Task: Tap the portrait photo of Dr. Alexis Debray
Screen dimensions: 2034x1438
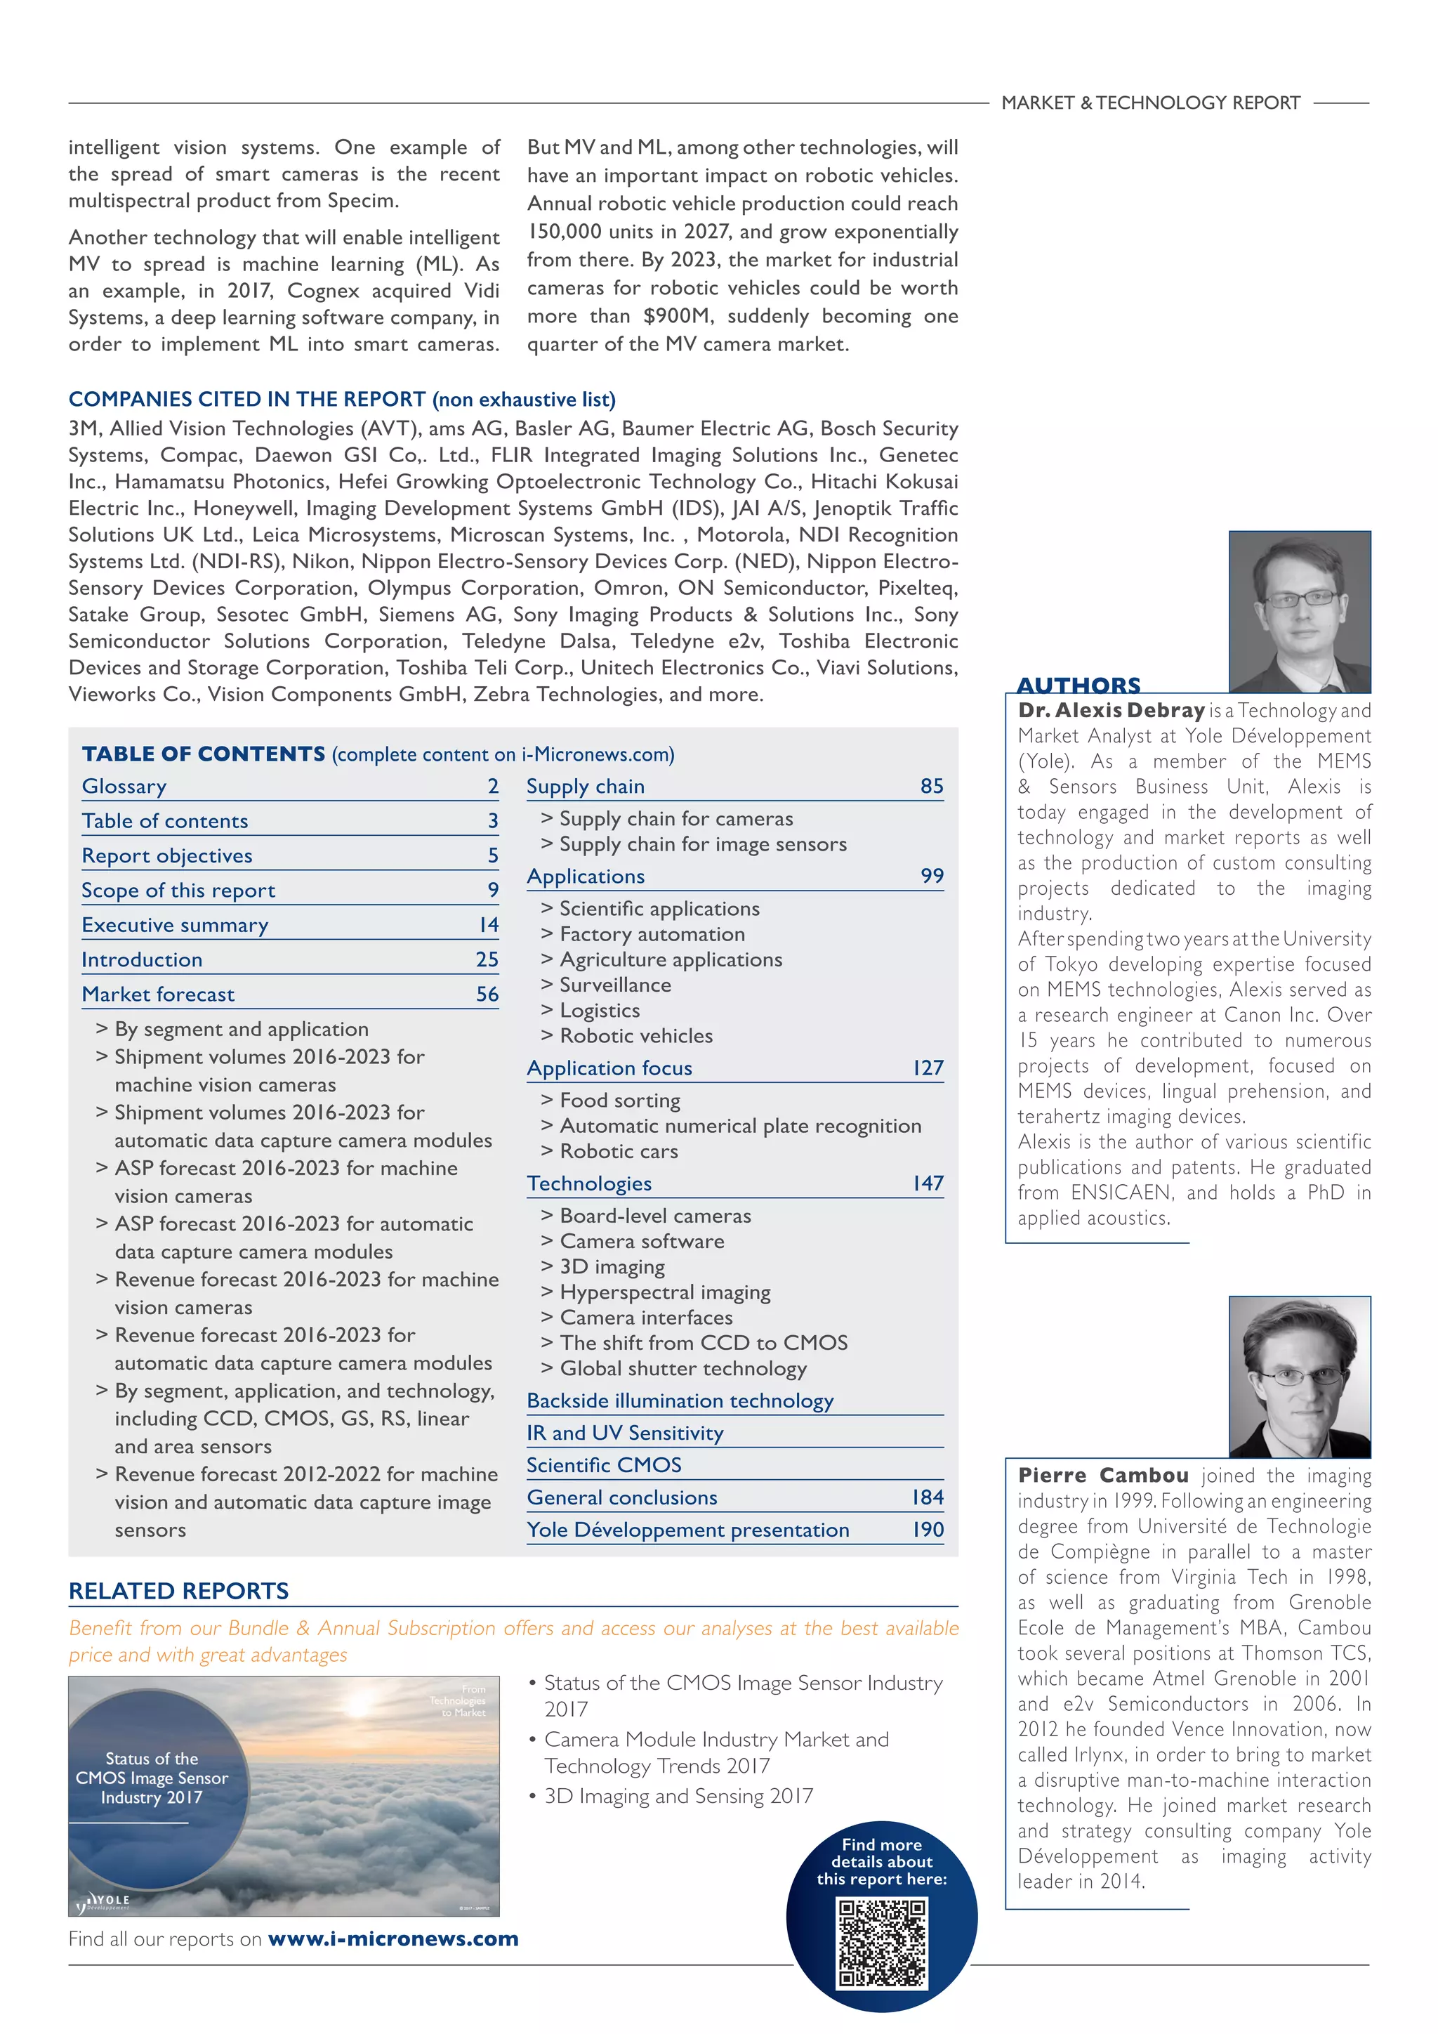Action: pos(1299,611)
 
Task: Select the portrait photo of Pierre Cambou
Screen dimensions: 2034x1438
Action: pos(1299,1377)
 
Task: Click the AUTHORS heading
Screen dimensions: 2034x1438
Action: pos(1078,685)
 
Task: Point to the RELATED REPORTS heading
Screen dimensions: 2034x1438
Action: pos(179,1591)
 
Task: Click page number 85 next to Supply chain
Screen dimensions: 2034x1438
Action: pos(932,786)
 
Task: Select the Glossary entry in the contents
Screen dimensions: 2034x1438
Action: pos(124,787)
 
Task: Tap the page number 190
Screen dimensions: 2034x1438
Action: pos(927,1529)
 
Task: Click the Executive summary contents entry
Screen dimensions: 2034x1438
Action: pos(174,925)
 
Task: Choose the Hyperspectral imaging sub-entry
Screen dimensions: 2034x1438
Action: pos(664,1292)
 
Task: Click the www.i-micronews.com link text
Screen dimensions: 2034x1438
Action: pos(393,1938)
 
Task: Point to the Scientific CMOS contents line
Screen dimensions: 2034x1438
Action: pos(604,1465)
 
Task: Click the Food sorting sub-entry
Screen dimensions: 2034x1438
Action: pos(620,1101)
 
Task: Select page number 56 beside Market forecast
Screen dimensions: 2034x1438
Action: pos(487,994)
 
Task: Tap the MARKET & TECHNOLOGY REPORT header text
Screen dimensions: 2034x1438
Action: pos(1150,103)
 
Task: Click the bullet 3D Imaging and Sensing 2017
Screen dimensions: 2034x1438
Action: pos(678,1796)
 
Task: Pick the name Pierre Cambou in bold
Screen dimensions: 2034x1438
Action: pos(1102,1475)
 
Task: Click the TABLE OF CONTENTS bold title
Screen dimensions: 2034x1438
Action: pos(204,754)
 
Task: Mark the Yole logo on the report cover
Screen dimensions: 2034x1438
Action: pos(105,1901)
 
